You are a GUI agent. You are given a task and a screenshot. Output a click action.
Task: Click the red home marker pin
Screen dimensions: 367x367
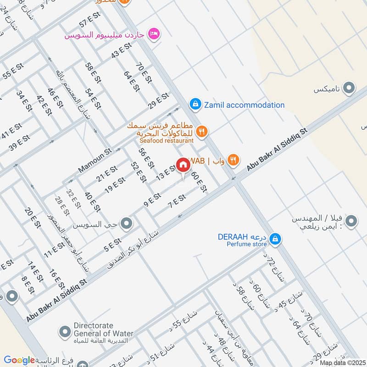click(183, 165)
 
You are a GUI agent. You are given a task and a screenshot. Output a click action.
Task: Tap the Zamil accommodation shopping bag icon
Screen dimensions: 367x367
click(195, 105)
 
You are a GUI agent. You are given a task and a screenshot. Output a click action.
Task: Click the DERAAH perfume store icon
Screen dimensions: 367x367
click(275, 239)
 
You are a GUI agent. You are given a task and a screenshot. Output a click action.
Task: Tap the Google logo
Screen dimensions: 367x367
click(19, 360)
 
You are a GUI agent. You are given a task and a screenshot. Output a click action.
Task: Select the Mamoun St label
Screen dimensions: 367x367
click(95, 160)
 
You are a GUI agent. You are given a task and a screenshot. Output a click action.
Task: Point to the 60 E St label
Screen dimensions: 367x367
click(199, 182)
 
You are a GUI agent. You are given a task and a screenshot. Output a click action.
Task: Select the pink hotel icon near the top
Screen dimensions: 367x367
click(155, 33)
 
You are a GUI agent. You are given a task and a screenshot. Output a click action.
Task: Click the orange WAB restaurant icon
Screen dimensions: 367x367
click(234, 160)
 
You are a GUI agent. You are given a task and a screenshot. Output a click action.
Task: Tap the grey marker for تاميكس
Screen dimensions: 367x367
click(350, 88)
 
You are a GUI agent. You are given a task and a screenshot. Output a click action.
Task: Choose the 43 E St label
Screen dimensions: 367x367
click(121, 50)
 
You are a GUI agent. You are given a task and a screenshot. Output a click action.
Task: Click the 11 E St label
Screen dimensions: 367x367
click(54, 250)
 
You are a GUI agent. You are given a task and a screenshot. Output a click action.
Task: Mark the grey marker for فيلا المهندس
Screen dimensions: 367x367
click(351, 222)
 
